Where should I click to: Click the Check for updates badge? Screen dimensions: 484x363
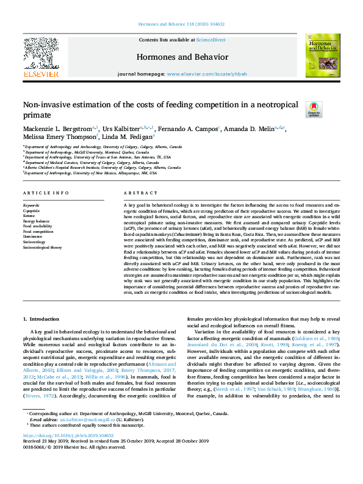[314, 109]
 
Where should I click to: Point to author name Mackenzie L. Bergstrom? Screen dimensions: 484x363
[57, 129]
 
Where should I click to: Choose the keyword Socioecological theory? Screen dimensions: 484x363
[42, 248]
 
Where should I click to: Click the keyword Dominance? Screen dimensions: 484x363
[33, 237]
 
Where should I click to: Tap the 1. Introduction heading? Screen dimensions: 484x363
[41, 319]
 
